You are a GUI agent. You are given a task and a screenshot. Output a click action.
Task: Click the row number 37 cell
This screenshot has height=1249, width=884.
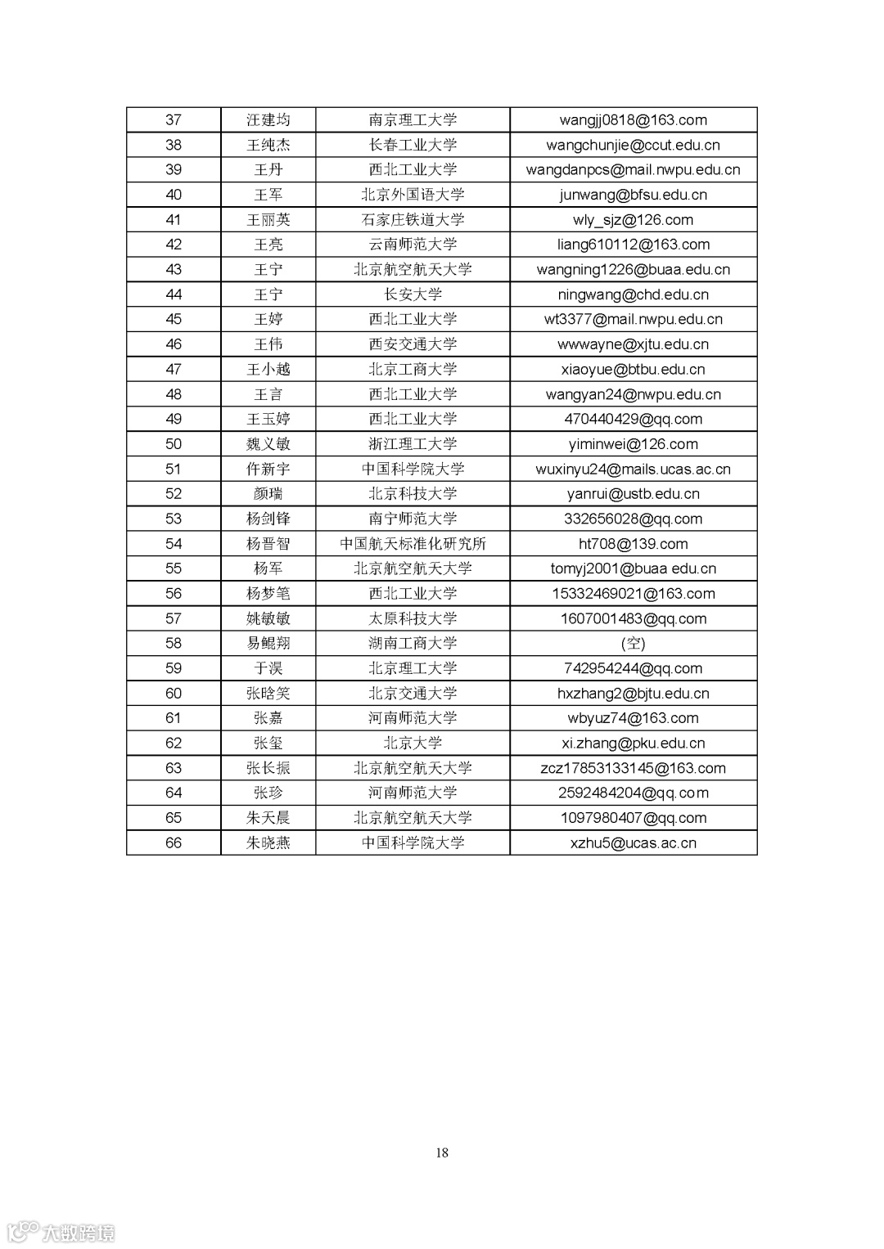tap(174, 120)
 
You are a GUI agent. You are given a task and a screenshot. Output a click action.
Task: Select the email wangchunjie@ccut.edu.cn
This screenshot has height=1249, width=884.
tap(633, 145)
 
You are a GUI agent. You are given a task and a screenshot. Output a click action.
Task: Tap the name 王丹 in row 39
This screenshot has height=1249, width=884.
tap(268, 170)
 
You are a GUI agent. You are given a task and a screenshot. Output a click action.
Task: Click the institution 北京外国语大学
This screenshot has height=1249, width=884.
tap(413, 195)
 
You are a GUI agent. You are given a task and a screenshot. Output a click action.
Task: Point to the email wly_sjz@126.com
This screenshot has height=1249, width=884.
tap(633, 220)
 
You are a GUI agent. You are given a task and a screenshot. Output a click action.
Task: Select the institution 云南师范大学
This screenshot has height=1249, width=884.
tap(413, 245)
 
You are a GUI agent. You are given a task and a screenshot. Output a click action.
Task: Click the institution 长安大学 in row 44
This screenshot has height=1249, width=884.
tap(413, 294)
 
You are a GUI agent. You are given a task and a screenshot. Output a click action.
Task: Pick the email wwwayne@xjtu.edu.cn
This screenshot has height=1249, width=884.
tap(633, 344)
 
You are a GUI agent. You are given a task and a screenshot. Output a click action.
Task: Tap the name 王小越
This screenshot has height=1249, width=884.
tap(268, 370)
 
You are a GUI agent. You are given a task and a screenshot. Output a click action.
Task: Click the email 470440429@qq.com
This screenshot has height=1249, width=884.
tap(633, 419)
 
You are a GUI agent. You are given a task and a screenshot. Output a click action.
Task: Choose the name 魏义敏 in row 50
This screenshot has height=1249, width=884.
tap(268, 444)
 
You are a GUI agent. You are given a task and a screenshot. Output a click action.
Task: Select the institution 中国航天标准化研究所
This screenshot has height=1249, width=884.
tap(413, 544)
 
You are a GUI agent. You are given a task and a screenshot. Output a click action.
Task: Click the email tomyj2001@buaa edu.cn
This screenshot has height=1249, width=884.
tap(633, 568)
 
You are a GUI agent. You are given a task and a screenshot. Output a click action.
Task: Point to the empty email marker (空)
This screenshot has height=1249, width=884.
tap(633, 644)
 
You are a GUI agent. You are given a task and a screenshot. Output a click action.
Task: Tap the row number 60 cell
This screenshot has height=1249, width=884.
tap(174, 694)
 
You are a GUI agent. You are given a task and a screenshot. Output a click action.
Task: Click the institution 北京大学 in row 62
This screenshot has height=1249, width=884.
tap(413, 744)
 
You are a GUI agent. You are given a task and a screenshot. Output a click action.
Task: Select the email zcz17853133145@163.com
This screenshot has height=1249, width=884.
tap(633, 768)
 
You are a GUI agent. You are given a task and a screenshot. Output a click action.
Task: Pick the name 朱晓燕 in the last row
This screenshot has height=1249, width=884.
tap(268, 842)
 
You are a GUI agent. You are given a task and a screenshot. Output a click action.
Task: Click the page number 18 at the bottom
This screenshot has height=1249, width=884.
tap(442, 1152)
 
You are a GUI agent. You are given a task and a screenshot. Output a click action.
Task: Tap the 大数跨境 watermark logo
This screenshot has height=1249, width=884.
tap(61, 1232)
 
